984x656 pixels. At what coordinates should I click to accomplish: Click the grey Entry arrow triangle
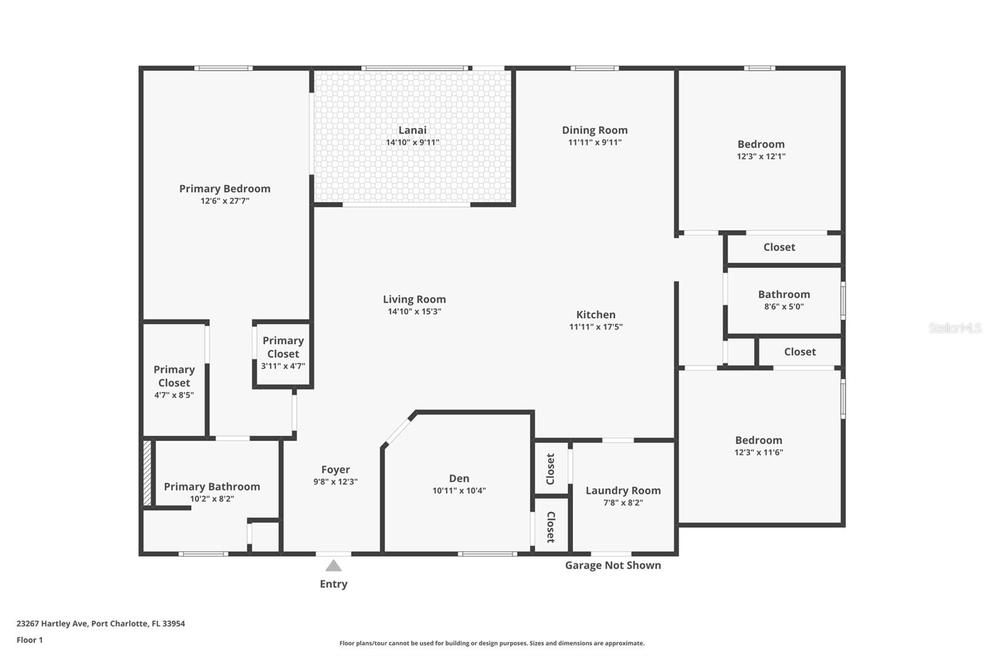click(x=333, y=566)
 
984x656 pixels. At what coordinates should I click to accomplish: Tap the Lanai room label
click(x=412, y=130)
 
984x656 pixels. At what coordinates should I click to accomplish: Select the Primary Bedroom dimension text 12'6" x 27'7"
click(x=224, y=201)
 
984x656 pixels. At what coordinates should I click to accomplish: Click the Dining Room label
click(x=595, y=130)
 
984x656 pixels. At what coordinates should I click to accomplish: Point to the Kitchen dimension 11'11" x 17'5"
click(x=595, y=327)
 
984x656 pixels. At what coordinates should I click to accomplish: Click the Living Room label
click(x=414, y=299)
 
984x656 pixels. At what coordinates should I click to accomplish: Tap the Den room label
click(x=459, y=478)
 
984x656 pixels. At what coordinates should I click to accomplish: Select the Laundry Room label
click(x=623, y=490)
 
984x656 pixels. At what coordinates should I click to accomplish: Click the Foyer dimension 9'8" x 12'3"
click(x=335, y=482)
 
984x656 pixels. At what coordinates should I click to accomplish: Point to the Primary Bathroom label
click(x=212, y=486)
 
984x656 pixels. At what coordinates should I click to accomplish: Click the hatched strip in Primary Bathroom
click(x=147, y=473)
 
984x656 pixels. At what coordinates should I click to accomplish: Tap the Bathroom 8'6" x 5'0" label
click(x=784, y=294)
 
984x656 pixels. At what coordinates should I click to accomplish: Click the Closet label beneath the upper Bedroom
click(x=779, y=247)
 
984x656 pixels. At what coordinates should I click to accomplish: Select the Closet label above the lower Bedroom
click(x=799, y=351)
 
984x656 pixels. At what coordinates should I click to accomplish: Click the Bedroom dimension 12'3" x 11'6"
click(x=758, y=452)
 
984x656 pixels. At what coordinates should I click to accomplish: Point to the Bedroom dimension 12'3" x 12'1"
click(x=761, y=156)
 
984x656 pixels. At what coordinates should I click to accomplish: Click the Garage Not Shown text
click(x=613, y=565)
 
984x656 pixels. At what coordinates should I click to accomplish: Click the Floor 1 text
click(x=30, y=640)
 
